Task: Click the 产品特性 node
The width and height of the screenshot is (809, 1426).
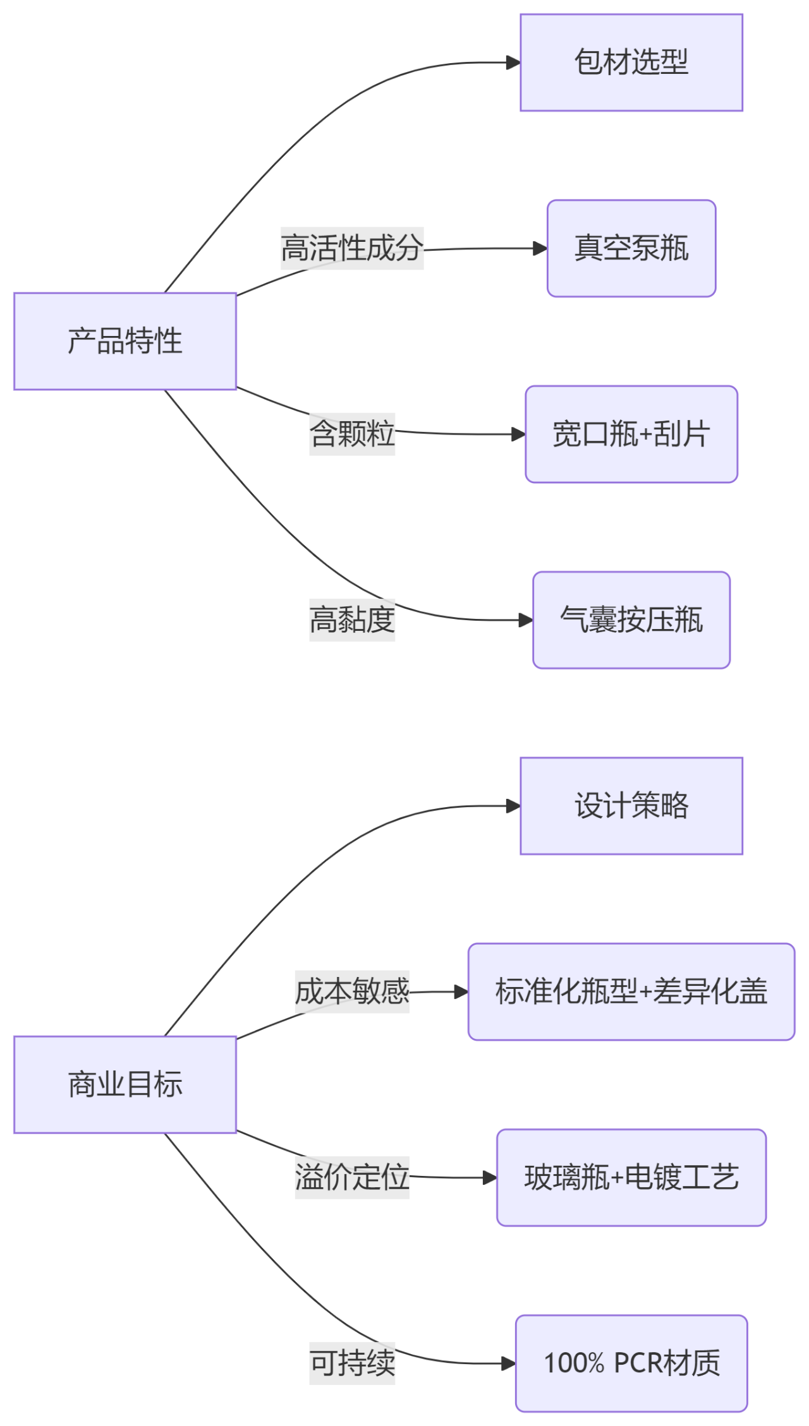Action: [125, 341]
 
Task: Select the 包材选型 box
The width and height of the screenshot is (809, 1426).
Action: [631, 63]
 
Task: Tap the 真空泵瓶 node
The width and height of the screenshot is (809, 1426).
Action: [631, 248]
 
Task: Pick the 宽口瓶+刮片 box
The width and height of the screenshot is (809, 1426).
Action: [631, 434]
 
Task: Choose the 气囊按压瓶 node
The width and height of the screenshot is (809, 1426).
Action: [631, 620]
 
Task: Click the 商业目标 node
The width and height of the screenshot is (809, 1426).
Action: [125, 1084]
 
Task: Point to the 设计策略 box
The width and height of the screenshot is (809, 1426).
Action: [631, 806]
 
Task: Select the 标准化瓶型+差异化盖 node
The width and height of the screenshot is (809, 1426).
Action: [631, 992]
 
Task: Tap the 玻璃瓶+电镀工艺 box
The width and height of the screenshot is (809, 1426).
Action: [631, 1177]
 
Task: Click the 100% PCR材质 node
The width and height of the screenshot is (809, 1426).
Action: [631, 1363]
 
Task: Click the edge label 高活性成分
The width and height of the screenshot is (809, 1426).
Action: [352, 248]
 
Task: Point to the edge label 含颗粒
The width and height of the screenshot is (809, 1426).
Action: [352, 434]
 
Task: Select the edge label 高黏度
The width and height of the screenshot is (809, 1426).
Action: [352, 620]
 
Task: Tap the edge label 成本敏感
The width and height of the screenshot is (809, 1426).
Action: [352, 992]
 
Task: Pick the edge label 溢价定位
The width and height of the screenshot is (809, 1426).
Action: [352, 1177]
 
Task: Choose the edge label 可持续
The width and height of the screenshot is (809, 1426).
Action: [352, 1363]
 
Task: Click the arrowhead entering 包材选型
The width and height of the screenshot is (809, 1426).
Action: [514, 63]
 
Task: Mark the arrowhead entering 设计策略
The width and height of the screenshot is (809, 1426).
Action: [514, 806]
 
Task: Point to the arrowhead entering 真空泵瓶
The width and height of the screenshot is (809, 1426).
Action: [540, 248]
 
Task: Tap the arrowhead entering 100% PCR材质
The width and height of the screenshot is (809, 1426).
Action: [509, 1363]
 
